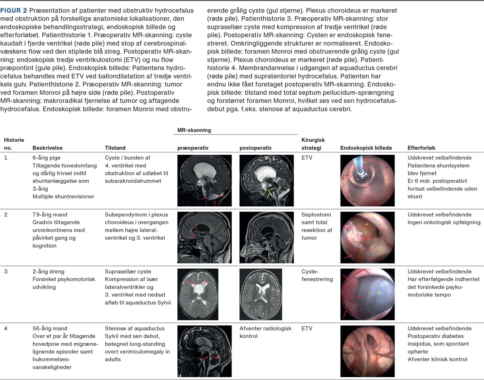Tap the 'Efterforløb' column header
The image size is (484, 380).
(x=421, y=148)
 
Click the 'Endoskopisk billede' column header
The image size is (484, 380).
(x=366, y=148)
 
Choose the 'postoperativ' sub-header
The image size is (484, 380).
(x=255, y=148)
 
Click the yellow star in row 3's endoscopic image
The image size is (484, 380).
(x=378, y=293)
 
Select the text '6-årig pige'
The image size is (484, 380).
(x=46, y=158)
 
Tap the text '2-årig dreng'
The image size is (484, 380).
(x=48, y=272)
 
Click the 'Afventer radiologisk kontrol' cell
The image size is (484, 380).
(x=265, y=332)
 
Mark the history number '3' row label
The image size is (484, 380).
(x=6, y=272)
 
